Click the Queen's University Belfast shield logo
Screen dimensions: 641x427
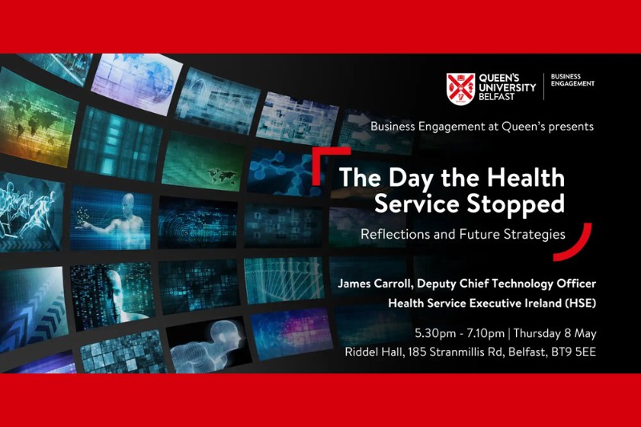(461, 89)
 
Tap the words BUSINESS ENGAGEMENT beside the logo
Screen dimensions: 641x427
(572, 80)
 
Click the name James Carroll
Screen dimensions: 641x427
(374, 283)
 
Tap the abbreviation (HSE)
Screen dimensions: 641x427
(580, 303)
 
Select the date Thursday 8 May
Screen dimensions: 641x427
(554, 333)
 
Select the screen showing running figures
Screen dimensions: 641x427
(31, 212)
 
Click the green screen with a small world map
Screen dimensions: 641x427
(204, 162)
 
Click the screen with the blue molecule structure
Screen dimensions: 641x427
(287, 171)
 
